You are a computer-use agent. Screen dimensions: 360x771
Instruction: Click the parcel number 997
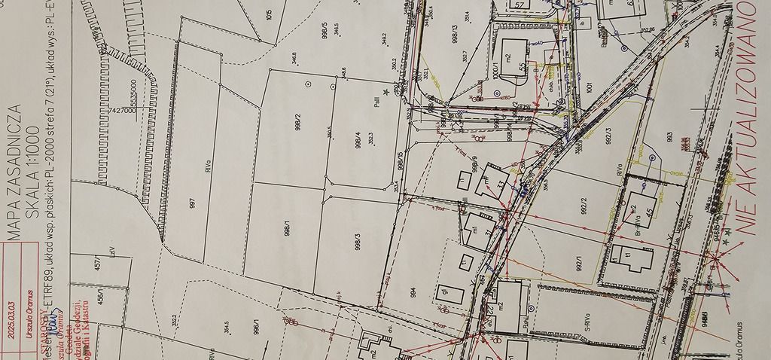(193, 206)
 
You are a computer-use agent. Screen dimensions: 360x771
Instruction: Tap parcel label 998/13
(455, 34)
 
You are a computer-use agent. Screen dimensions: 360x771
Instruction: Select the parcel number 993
(668, 138)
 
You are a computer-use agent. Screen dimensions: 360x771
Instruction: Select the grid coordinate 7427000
(122, 110)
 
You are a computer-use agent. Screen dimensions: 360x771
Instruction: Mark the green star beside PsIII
(386, 91)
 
